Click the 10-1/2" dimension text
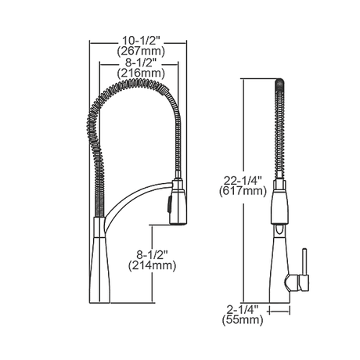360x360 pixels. [141, 41]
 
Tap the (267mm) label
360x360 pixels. [141, 52]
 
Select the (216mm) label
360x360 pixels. [141, 74]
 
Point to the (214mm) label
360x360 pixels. [152, 265]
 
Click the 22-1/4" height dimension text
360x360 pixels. [243, 181]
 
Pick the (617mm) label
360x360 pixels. [243, 191]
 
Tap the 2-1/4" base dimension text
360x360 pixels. [243, 310]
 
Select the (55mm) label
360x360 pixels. [243, 320]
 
